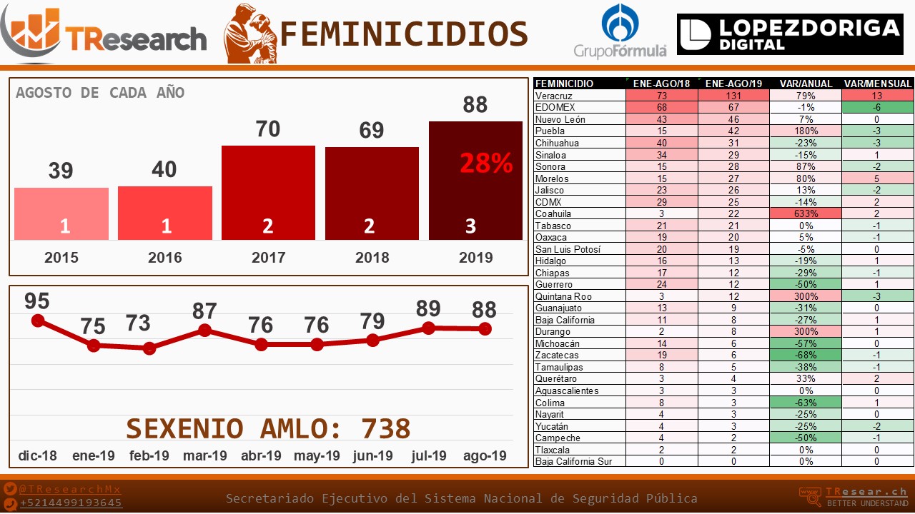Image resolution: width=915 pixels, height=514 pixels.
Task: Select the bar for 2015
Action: click(61, 213)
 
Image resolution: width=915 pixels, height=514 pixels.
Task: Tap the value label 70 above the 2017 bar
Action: click(268, 129)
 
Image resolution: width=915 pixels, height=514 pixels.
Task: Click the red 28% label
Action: click(486, 163)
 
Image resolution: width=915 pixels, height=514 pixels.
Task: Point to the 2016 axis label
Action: click(165, 258)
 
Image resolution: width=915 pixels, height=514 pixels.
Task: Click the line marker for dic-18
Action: click(38, 321)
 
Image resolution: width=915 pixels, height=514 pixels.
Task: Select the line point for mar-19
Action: click(205, 330)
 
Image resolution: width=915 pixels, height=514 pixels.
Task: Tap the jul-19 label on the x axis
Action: click(429, 455)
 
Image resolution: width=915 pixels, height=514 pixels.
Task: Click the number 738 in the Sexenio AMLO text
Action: click(386, 428)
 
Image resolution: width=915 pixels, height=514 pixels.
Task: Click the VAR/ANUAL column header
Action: click(806, 84)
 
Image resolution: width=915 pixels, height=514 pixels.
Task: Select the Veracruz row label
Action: click(554, 96)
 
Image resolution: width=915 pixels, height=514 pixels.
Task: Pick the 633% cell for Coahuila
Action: click(806, 213)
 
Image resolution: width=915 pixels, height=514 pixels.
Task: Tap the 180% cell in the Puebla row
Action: click(806, 131)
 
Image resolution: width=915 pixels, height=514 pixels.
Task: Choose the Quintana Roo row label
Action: click(563, 296)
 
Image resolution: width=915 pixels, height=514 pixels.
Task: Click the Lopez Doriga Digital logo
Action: click(790, 34)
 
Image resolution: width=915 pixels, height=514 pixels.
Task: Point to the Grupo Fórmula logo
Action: click(620, 31)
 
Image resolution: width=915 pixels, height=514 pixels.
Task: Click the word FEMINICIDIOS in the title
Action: click(404, 34)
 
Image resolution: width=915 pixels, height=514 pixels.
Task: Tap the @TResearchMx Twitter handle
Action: click(70, 490)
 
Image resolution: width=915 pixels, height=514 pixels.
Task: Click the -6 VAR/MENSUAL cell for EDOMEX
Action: click(878, 107)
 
